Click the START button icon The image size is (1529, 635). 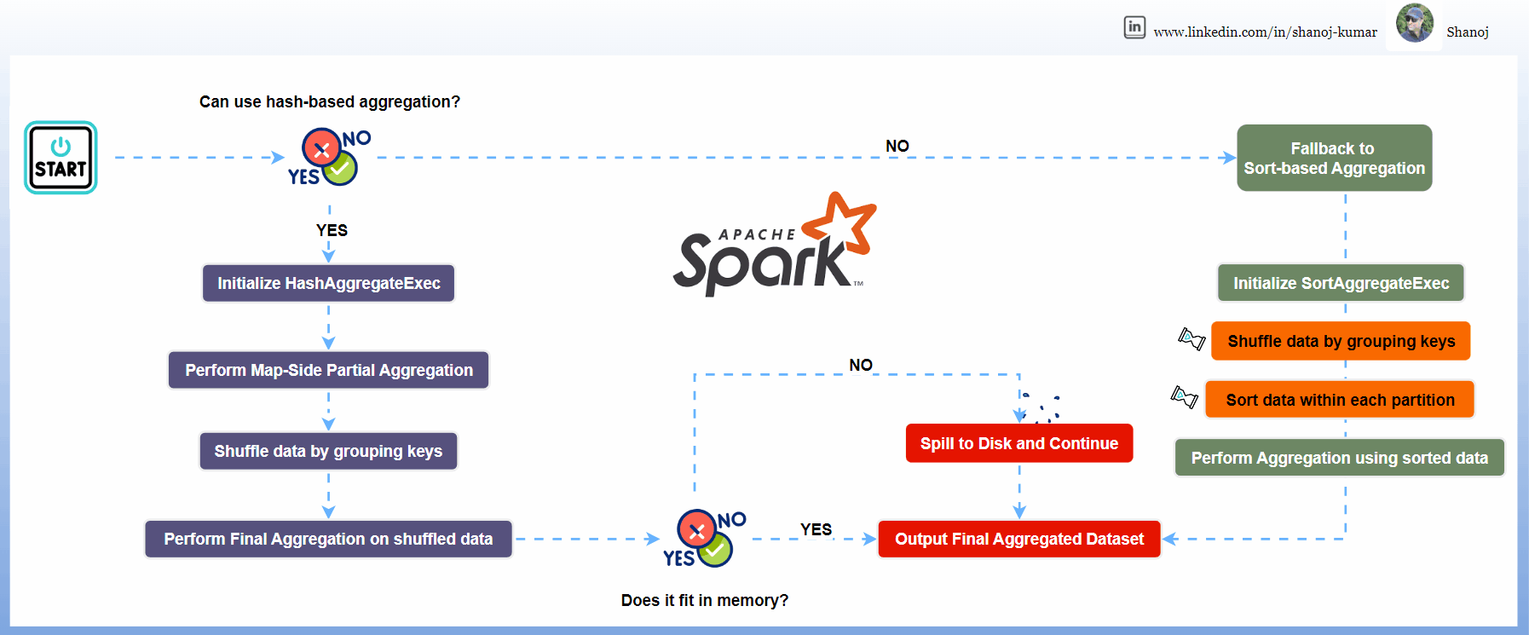tap(61, 158)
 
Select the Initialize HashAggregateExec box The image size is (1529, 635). tap(328, 283)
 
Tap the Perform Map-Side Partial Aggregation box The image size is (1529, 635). tap(328, 370)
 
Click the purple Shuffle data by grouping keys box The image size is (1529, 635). tap(328, 451)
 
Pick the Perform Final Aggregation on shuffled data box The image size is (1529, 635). tap(328, 539)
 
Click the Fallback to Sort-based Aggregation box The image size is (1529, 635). tap(1334, 158)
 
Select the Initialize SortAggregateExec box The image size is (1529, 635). tap(1341, 283)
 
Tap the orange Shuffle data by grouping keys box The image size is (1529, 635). tap(1341, 341)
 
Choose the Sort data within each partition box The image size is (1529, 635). tap(1340, 400)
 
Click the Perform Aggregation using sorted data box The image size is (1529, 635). tap(1339, 458)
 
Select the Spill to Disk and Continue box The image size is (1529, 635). tap(1018, 443)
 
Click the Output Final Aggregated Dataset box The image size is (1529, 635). tap(1018, 539)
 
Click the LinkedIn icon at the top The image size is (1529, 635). tap(1134, 27)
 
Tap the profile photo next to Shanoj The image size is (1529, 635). tap(1415, 24)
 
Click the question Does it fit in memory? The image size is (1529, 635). tap(704, 600)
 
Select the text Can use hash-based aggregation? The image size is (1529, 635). tap(329, 102)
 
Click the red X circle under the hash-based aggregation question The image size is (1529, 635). tap(321, 149)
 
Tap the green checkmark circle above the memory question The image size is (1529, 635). tap(715, 550)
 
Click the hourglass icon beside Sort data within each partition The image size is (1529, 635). tap(1185, 396)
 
